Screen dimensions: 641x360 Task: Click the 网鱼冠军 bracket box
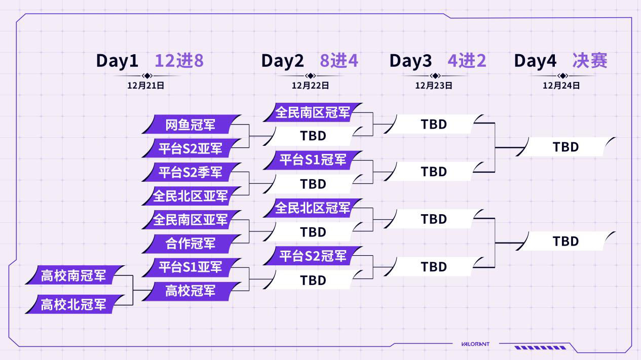pos(191,125)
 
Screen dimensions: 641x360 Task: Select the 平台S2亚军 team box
pos(191,148)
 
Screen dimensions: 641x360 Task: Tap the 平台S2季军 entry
pos(191,172)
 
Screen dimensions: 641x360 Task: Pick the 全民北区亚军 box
pos(191,196)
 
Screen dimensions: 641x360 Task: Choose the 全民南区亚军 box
pos(191,220)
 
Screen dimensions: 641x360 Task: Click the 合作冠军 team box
pos(191,244)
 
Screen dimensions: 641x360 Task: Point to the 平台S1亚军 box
pos(191,267)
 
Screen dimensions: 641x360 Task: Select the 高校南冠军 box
pos(74,275)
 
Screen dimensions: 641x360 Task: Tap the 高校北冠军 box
pos(74,304)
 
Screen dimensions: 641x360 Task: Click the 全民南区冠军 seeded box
pos(313,112)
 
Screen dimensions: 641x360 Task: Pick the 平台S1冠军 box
pos(313,160)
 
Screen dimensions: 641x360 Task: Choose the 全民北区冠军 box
pos(313,208)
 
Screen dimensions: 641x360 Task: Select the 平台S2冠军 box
pos(313,256)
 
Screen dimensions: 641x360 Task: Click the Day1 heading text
pos(118,61)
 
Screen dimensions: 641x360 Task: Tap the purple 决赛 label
pos(590,61)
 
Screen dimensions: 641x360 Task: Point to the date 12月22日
pos(310,86)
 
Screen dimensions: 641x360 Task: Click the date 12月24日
pos(561,86)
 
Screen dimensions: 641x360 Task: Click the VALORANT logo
pos(475,344)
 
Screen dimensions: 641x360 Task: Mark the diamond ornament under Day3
pos(435,76)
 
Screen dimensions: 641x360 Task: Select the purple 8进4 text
pos(339,61)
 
